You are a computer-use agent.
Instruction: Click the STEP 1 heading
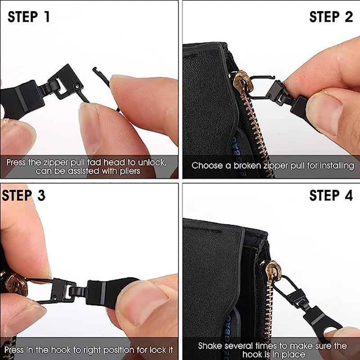(29, 17)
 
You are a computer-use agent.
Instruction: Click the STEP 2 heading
(331, 17)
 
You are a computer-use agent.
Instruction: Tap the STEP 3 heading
(23, 195)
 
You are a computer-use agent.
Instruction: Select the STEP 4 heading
(331, 195)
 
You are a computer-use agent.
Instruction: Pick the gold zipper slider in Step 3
(15, 284)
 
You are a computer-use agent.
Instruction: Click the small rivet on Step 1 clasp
(77, 86)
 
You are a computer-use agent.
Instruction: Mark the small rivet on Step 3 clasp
(54, 298)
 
